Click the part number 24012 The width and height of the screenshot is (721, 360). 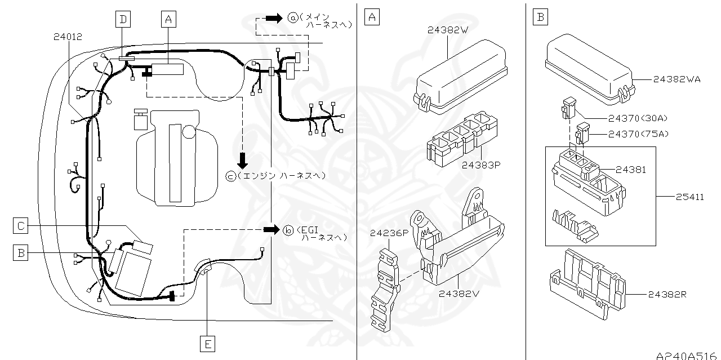(68, 37)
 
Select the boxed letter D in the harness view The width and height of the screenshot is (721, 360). (122, 19)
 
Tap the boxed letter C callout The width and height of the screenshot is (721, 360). (20, 226)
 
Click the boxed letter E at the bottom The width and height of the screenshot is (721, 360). (208, 343)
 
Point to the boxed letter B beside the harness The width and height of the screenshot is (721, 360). (20, 253)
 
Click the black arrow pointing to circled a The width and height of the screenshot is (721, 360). (273, 18)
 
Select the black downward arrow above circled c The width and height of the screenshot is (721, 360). (243, 161)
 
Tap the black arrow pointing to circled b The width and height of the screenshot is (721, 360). (272, 230)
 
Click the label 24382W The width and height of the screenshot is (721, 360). (447, 30)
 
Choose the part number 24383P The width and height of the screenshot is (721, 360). (482, 165)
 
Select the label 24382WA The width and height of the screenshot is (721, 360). (677, 79)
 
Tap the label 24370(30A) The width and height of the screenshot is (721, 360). (637, 118)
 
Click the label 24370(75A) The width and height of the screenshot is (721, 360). (637, 134)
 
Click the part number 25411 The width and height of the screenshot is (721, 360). (689, 197)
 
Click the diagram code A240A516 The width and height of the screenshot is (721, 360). (687, 355)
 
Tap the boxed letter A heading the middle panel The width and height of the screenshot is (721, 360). (371, 17)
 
